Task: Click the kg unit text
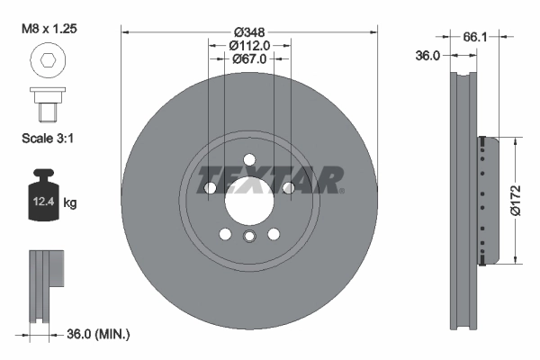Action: (70, 203)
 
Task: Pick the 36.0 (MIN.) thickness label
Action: (99, 335)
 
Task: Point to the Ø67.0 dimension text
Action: (248, 59)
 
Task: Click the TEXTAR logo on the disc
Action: (269, 180)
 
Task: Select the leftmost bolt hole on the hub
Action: (209, 187)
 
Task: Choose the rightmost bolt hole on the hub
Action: (288, 187)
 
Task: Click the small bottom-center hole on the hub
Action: (248, 236)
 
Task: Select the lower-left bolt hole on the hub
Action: (224, 234)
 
